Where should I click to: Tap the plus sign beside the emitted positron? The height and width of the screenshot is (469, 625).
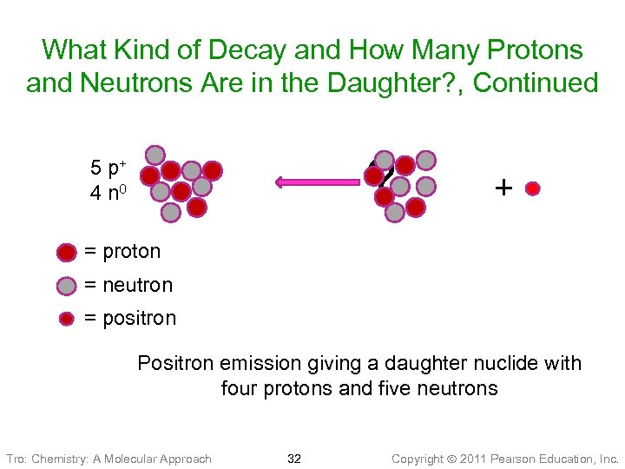coord(503,187)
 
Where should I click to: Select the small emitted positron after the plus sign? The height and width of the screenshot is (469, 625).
coord(533,188)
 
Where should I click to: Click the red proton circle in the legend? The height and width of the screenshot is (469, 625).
coord(67,252)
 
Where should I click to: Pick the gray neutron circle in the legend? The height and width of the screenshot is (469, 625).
coord(67,286)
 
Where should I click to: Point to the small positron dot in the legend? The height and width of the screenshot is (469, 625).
coord(67,319)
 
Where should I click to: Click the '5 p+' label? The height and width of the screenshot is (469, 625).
coord(109,167)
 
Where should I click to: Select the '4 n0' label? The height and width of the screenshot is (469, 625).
coord(109,192)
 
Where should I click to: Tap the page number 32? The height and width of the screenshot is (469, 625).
coord(294,459)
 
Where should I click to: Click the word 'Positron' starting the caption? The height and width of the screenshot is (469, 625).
coord(175,363)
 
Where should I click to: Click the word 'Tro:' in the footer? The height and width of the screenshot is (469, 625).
coord(16,459)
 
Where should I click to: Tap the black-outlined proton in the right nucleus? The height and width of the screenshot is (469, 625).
coord(374,175)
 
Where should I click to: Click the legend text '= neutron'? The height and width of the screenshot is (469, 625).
coord(128,286)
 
